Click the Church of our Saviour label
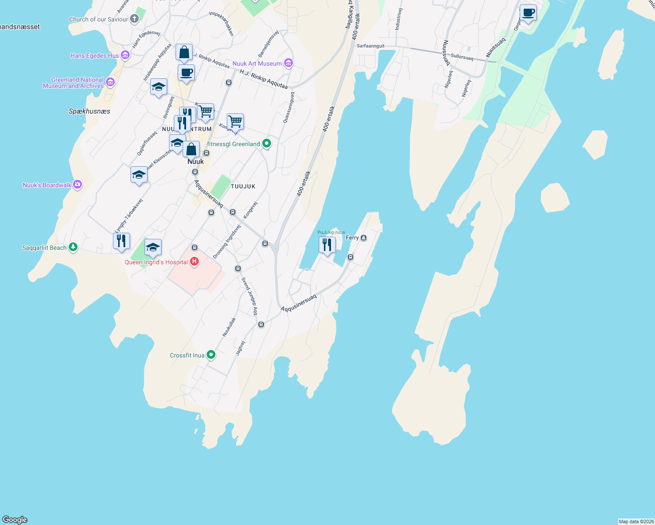[99, 19]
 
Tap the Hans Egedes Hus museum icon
[125, 56]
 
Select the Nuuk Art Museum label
[257, 63]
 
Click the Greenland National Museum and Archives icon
[110, 82]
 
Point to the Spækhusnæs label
[89, 111]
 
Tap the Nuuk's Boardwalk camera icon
[77, 185]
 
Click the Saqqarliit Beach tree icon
[73, 248]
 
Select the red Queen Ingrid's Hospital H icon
[194, 262]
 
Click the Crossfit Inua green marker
[211, 355]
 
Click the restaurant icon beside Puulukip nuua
[327, 245]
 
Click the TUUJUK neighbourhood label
[243, 186]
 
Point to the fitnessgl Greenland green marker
[266, 144]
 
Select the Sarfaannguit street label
[370, 46]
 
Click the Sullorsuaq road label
[462, 57]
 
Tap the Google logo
[15, 519]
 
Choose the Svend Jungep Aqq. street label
[250, 296]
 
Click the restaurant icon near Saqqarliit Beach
[121, 241]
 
